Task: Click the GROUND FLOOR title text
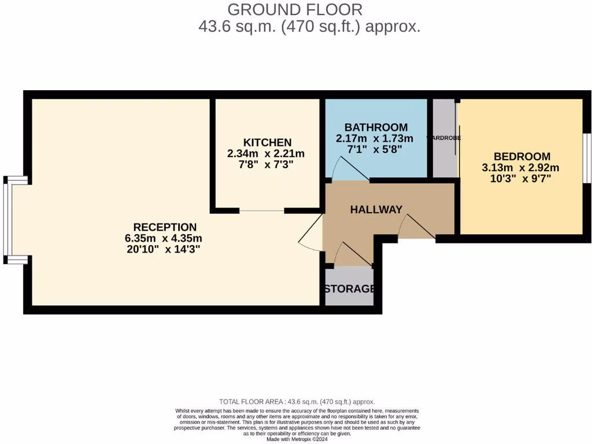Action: click(295, 10)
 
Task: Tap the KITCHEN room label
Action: click(267, 142)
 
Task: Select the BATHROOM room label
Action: click(376, 127)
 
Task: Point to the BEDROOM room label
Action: click(522, 156)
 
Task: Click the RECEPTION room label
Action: click(165, 227)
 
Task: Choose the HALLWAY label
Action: click(376, 210)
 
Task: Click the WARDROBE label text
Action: click(443, 138)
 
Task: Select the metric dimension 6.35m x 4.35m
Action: click(163, 238)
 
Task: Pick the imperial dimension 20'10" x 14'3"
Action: click(163, 250)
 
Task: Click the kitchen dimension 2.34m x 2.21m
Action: click(267, 153)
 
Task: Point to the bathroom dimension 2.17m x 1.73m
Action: click(375, 139)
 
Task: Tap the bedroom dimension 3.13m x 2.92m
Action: click(521, 168)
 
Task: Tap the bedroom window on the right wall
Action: click(586, 158)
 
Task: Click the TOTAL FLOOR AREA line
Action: click(297, 402)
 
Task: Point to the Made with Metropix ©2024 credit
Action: click(297, 439)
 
